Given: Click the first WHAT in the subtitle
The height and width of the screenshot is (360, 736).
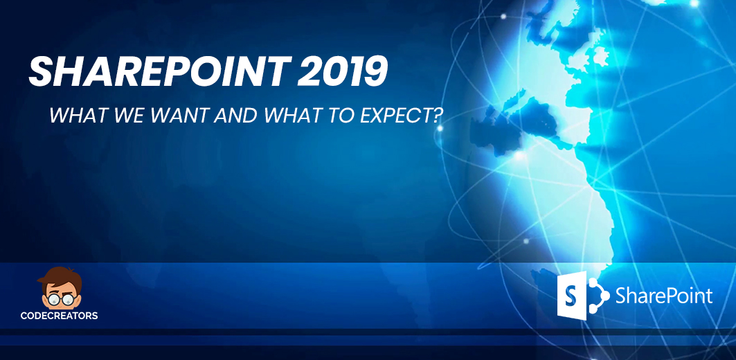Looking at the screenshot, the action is (74, 116).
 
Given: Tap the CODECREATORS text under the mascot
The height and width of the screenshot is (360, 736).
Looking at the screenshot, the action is (59, 316).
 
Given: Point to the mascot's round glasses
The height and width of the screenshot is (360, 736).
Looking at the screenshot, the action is (60, 299).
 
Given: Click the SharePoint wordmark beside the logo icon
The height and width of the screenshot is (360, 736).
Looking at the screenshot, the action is (664, 296).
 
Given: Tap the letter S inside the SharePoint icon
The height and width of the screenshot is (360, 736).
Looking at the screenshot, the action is (571, 296).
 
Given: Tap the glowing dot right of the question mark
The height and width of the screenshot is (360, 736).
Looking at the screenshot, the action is (440, 127).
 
